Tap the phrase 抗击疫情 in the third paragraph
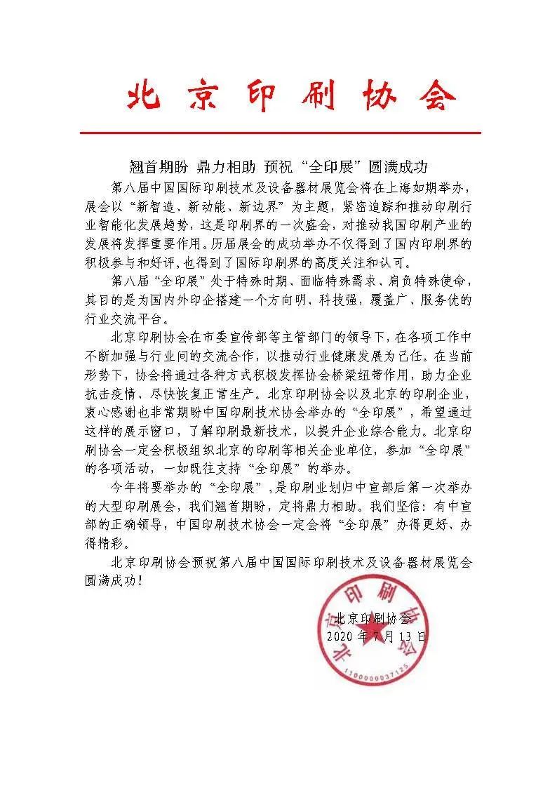pos(102,392)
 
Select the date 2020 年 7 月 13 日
pos(376,637)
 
